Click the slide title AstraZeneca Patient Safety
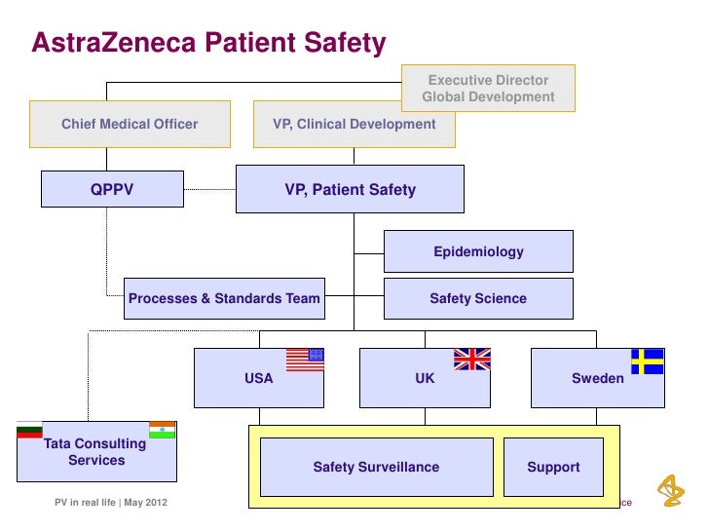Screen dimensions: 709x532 [208, 43]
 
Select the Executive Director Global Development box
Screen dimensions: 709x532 [488, 89]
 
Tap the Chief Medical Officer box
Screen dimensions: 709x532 [130, 125]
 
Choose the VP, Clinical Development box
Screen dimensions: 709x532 [354, 125]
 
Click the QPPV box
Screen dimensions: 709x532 [112, 190]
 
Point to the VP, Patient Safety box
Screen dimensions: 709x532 [350, 190]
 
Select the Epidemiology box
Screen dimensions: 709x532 [478, 252]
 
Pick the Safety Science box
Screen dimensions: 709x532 [478, 298]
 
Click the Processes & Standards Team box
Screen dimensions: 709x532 [224, 298]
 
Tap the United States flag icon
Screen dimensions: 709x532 [304, 359]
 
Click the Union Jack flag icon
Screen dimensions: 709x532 [472, 359]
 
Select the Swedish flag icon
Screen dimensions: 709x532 [647, 361]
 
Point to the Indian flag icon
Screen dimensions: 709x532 [162, 430]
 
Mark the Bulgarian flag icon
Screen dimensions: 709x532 [29, 430]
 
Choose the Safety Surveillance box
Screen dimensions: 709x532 [376, 467]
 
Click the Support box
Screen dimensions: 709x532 [553, 467]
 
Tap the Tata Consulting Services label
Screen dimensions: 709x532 [95, 452]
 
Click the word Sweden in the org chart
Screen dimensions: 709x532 [598, 378]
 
